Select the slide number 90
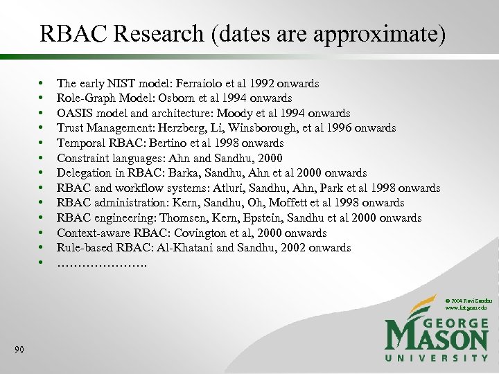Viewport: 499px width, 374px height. tap(19, 350)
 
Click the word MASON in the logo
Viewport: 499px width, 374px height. tap(437, 337)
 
